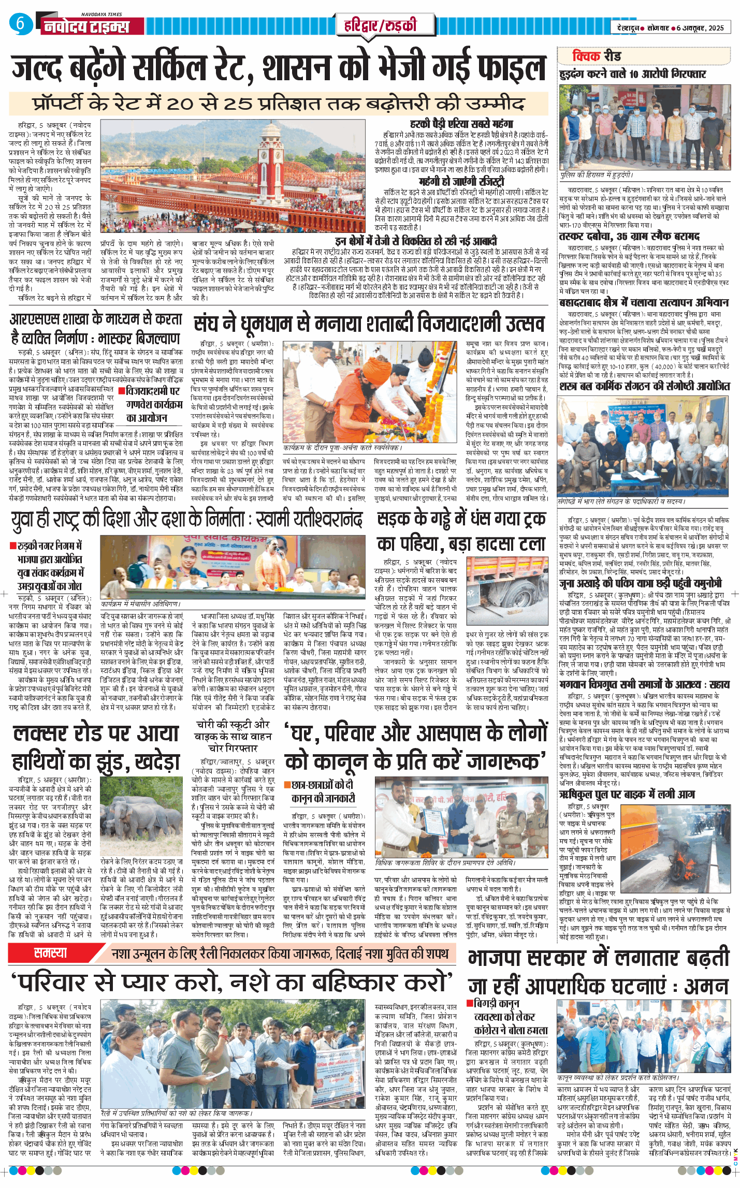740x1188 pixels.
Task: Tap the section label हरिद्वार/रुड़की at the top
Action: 380,25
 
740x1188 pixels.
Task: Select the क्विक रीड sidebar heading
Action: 597,56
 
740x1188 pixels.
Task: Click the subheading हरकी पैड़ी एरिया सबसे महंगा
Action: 461,124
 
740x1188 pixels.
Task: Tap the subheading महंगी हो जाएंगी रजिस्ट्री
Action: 461,181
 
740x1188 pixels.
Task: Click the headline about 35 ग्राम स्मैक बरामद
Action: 629,237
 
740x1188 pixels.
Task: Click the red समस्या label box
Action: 50,952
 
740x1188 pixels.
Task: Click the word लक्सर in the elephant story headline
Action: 48,734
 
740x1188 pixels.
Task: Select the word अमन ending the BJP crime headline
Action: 707,986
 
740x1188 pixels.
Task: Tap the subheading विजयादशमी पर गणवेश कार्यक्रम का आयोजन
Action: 154,404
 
